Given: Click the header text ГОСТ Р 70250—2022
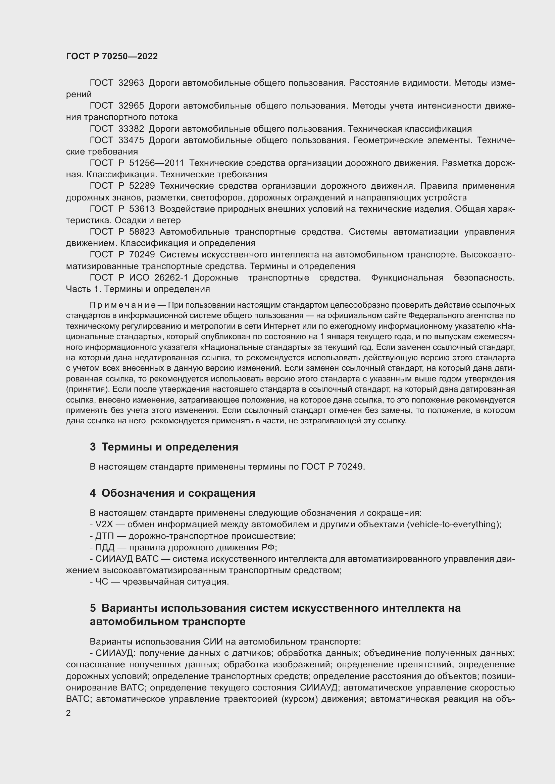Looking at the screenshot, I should click(112, 56).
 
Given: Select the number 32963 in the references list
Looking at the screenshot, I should click(131, 83).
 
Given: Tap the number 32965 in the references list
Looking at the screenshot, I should click(131, 106).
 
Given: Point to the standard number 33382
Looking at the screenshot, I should click(131, 129).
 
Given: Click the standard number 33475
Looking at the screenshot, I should click(131, 140).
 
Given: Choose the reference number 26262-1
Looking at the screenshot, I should click(171, 278).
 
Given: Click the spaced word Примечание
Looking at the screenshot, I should click(123, 305).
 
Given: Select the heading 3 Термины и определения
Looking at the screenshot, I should click(164, 447).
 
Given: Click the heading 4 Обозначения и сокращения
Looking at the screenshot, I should click(172, 493).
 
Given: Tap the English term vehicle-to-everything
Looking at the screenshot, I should click(453, 524).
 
